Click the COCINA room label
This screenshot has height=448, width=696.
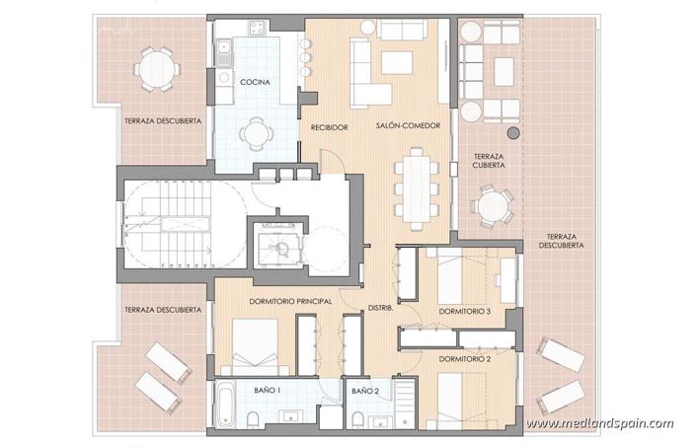(x=256, y=83)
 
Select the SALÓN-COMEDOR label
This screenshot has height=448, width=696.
(x=408, y=126)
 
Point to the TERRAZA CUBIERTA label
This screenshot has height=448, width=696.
(x=490, y=161)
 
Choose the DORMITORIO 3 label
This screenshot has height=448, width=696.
(x=466, y=313)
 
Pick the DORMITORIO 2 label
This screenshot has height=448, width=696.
(x=466, y=358)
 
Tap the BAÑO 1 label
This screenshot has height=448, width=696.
(x=268, y=392)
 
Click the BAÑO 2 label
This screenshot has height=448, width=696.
(x=364, y=392)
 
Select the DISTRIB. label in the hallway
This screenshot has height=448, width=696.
(x=381, y=309)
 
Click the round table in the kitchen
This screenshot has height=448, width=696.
(x=256, y=132)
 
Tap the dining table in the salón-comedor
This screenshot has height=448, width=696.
(x=413, y=185)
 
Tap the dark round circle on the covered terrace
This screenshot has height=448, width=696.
(x=513, y=132)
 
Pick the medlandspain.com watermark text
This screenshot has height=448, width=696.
(x=599, y=424)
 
